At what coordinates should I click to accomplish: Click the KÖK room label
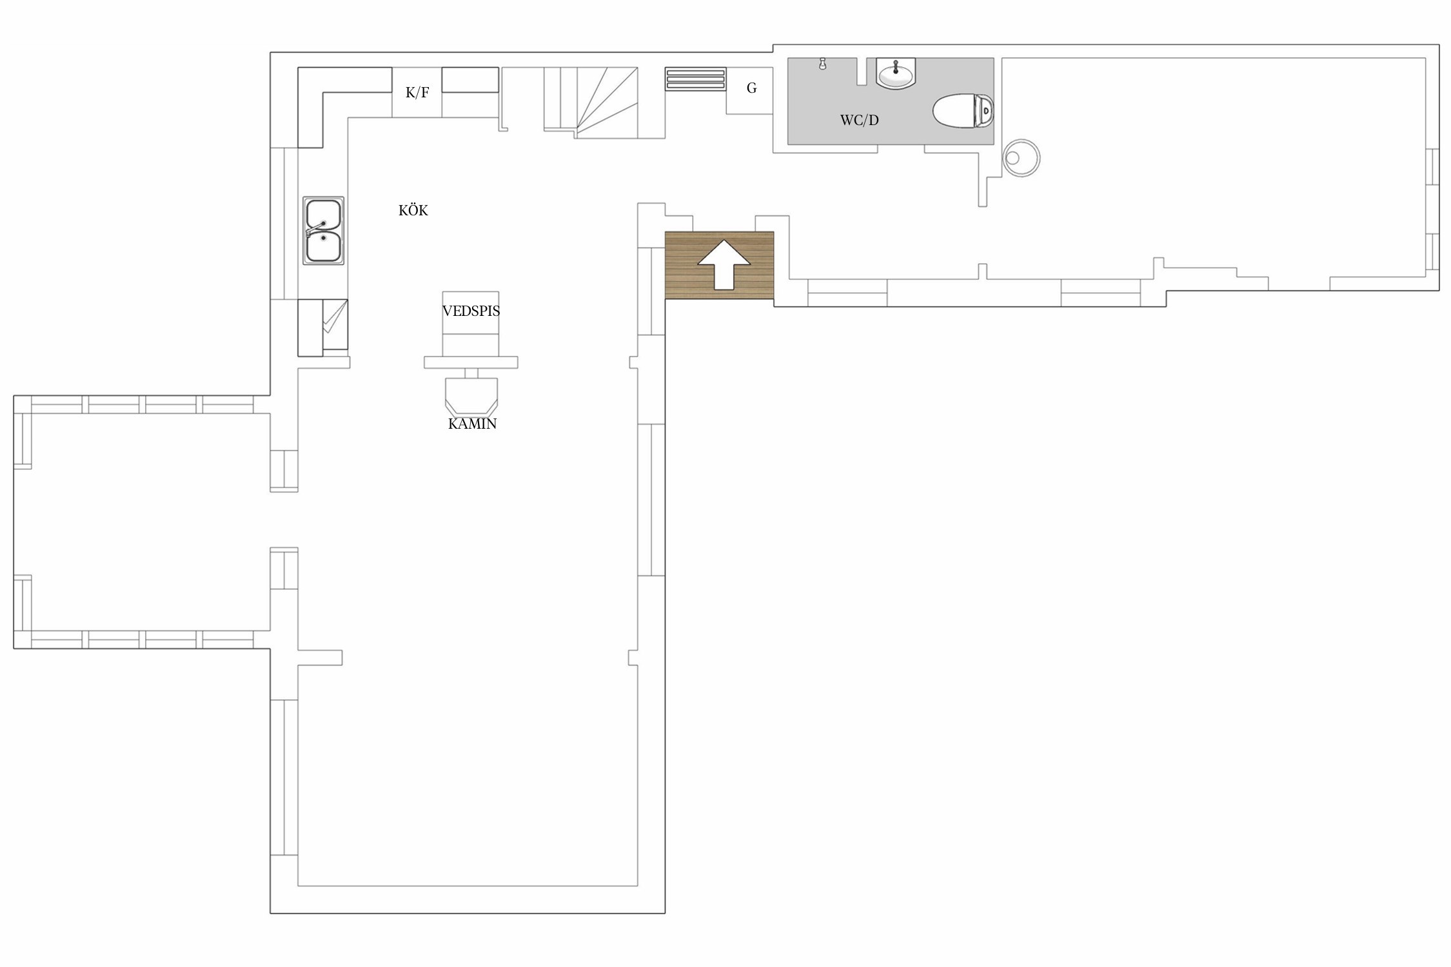tap(413, 210)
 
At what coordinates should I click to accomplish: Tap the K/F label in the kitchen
tap(417, 92)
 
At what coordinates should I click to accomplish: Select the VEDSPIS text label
tap(471, 311)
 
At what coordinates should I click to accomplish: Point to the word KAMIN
tap(472, 424)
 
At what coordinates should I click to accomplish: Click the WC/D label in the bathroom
tap(859, 120)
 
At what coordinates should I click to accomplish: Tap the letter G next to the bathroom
tap(751, 88)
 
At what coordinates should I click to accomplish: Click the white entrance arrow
tap(724, 264)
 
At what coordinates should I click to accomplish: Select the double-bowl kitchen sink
tap(323, 231)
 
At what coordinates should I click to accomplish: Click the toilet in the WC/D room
tap(963, 111)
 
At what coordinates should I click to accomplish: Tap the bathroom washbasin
tap(896, 73)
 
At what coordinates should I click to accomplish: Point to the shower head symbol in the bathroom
tap(822, 63)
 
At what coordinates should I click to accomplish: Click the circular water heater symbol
tap(1022, 158)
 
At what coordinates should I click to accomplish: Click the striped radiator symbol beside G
tap(695, 79)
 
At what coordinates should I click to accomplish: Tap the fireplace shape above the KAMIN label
tap(471, 396)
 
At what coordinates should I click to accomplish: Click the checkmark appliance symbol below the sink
tap(335, 324)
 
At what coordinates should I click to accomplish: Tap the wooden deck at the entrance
tap(719, 265)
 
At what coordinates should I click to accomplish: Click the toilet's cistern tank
tap(985, 111)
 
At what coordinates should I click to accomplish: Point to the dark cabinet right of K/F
tap(470, 80)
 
